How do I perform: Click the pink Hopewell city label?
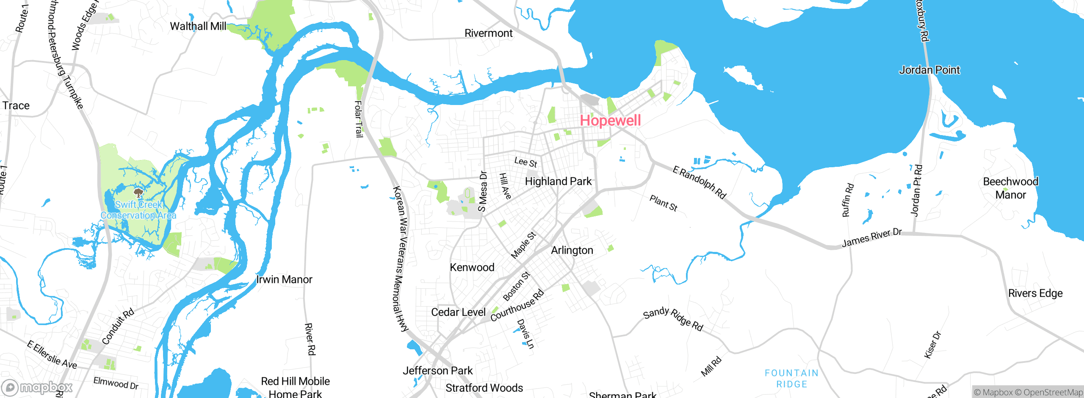coord(610,121)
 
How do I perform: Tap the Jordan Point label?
coord(929,70)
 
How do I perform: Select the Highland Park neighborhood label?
coord(558,182)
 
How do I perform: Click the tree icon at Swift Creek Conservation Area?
coord(138,193)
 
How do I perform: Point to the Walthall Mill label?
coord(198,26)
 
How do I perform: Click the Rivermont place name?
coord(488,33)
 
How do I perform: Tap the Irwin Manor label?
coord(284,279)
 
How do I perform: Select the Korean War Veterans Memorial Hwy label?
coord(401,258)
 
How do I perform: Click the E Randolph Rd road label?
coord(700,182)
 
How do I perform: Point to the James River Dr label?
coord(871,238)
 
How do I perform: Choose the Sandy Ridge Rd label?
coord(673,319)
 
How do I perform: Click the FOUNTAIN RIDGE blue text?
coord(791,379)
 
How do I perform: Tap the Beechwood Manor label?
coord(1010,188)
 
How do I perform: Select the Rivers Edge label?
coord(1035,293)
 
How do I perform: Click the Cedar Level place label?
coord(458,312)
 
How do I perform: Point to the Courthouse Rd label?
coord(517,306)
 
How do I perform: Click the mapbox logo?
coord(37,387)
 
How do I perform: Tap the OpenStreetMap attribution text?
coord(1048,392)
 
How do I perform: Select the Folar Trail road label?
coord(359,119)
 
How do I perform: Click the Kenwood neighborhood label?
coord(472,268)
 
